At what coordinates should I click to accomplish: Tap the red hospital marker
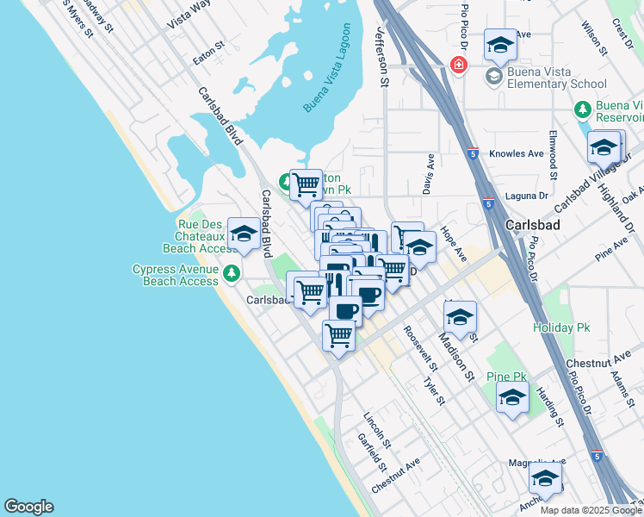pos(459,65)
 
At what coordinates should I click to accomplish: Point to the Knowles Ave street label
pos(517,154)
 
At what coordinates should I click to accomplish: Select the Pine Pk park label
pos(506,377)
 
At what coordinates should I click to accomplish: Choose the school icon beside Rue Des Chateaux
pos(245,234)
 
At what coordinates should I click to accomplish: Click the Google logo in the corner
pos(28,507)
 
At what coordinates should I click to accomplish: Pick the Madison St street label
pos(457,356)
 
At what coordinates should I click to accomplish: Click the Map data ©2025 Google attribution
pos(591,510)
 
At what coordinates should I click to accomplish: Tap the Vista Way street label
pos(189,15)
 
